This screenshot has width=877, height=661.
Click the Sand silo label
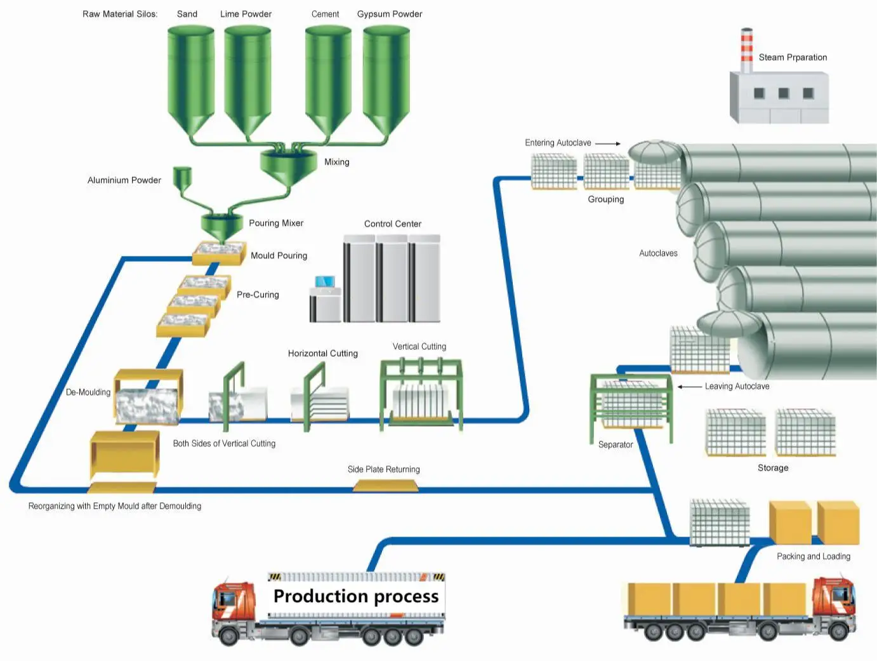[x=187, y=14]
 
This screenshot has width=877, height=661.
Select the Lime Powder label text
[x=246, y=14]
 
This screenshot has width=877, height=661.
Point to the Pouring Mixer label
[x=275, y=223]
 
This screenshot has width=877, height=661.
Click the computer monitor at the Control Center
[x=325, y=282]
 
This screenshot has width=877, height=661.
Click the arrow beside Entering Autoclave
[x=607, y=144]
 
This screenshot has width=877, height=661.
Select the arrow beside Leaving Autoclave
[x=689, y=386]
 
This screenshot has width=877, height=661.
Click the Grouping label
[x=605, y=199]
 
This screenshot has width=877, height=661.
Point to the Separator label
[x=615, y=444]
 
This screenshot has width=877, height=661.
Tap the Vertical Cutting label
[x=419, y=347]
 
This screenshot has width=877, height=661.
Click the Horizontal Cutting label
[x=322, y=354]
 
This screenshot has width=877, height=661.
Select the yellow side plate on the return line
[x=385, y=486]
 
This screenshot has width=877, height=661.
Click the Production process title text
[x=355, y=596]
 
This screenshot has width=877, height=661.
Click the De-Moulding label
[x=88, y=392]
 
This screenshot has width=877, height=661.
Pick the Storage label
[x=772, y=468]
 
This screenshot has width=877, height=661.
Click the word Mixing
[x=336, y=162]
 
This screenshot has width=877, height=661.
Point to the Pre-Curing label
[x=258, y=295]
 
